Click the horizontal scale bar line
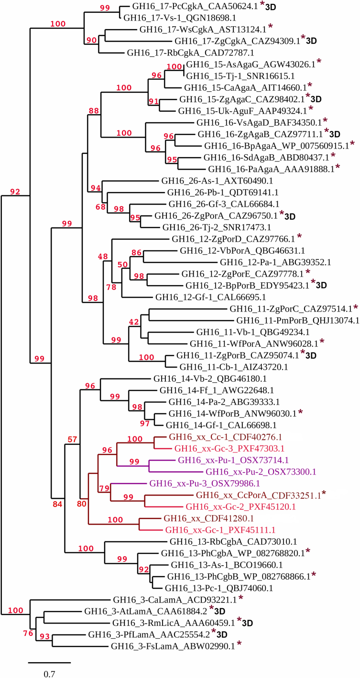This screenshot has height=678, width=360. pyautogui.click(x=49, y=663)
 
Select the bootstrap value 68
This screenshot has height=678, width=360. pyautogui.click(x=100, y=207)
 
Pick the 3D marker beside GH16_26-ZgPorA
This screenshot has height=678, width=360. pyautogui.click(x=290, y=217)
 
